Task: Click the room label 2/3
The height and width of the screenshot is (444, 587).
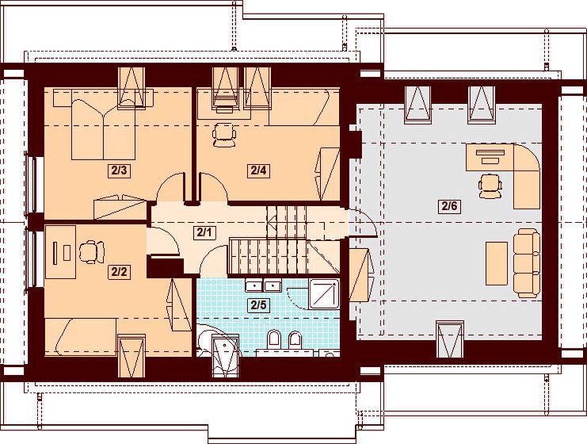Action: pos(119,170)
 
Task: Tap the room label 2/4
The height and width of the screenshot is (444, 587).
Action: pos(259,170)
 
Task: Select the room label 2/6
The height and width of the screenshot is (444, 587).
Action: pos(449,206)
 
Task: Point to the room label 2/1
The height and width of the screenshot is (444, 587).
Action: pos(204,232)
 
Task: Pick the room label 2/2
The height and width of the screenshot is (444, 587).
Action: pos(119,272)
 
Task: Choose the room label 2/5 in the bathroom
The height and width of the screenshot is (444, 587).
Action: pos(259,305)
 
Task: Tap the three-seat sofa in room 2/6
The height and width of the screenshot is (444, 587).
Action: pos(526,263)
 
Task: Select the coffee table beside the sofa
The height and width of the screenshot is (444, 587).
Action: pos(497,263)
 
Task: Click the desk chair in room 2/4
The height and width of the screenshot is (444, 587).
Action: pos(224,134)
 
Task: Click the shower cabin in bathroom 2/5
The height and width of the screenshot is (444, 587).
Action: pos(324,293)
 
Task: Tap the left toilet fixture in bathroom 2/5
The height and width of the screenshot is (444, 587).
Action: pos(274,339)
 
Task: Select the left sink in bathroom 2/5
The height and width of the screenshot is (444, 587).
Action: pos(253,286)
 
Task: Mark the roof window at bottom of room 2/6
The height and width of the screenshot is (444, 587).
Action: pos(450,339)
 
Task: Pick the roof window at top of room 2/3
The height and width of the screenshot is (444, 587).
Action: pos(132,88)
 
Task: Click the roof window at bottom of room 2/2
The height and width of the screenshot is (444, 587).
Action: pos(132,356)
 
